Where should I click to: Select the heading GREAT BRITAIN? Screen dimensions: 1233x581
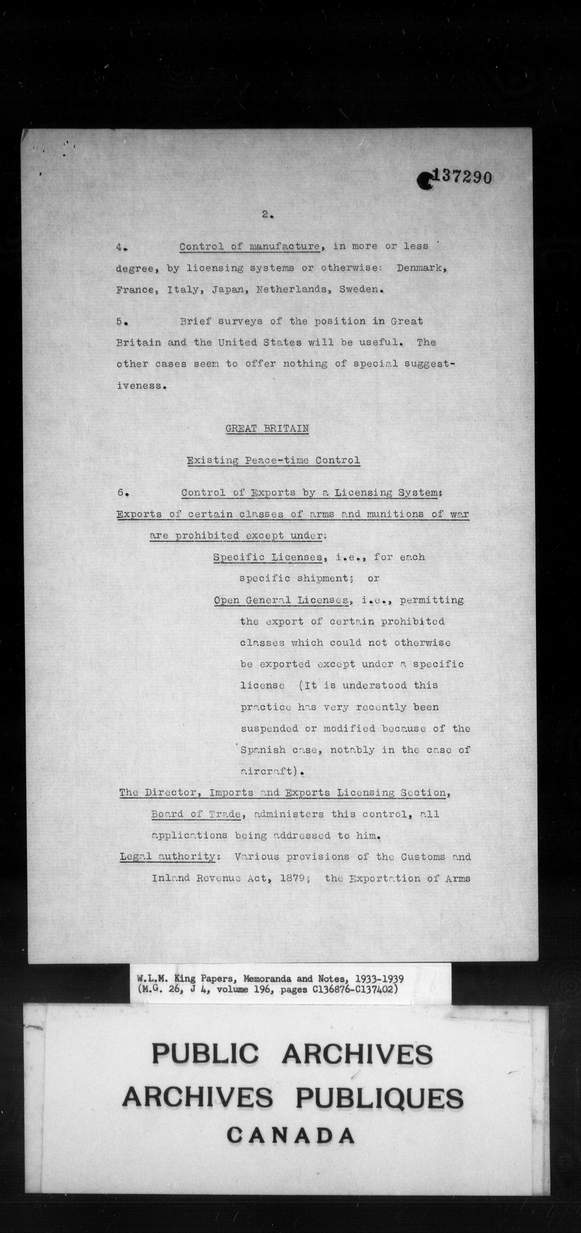point(267,428)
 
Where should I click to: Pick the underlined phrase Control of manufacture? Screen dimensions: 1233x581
point(249,246)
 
